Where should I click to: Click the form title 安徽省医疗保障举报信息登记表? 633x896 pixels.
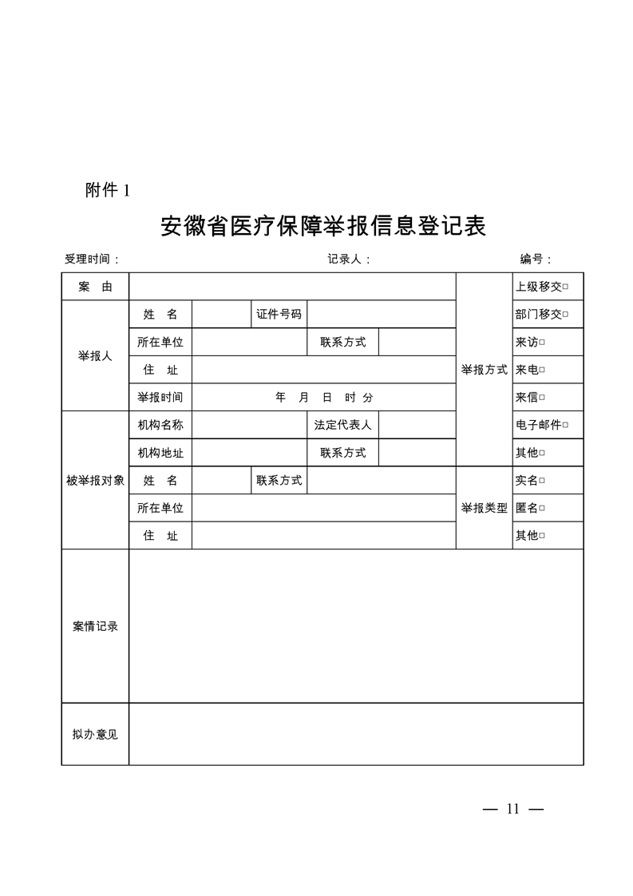click(x=323, y=227)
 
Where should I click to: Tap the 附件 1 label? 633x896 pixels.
click(x=107, y=190)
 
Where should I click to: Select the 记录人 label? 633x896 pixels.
click(x=349, y=259)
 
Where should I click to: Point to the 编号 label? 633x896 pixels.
click(x=536, y=259)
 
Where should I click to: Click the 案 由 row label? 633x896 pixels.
click(x=95, y=287)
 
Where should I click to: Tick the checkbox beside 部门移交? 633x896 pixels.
click(x=566, y=315)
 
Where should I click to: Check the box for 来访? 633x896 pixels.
click(x=542, y=343)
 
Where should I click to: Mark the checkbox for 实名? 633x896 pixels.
click(x=542, y=481)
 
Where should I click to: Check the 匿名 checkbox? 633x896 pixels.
click(x=542, y=508)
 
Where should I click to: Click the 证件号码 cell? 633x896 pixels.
click(x=279, y=315)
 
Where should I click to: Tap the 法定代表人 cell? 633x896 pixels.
click(x=342, y=426)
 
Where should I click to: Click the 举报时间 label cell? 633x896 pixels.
click(x=160, y=398)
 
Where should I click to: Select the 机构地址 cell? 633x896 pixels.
click(x=160, y=453)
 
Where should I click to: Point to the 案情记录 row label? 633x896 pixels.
click(x=95, y=626)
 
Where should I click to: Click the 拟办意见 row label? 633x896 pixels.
click(x=95, y=734)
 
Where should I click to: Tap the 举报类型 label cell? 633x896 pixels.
click(x=484, y=508)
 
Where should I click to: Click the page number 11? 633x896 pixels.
click(x=512, y=809)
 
